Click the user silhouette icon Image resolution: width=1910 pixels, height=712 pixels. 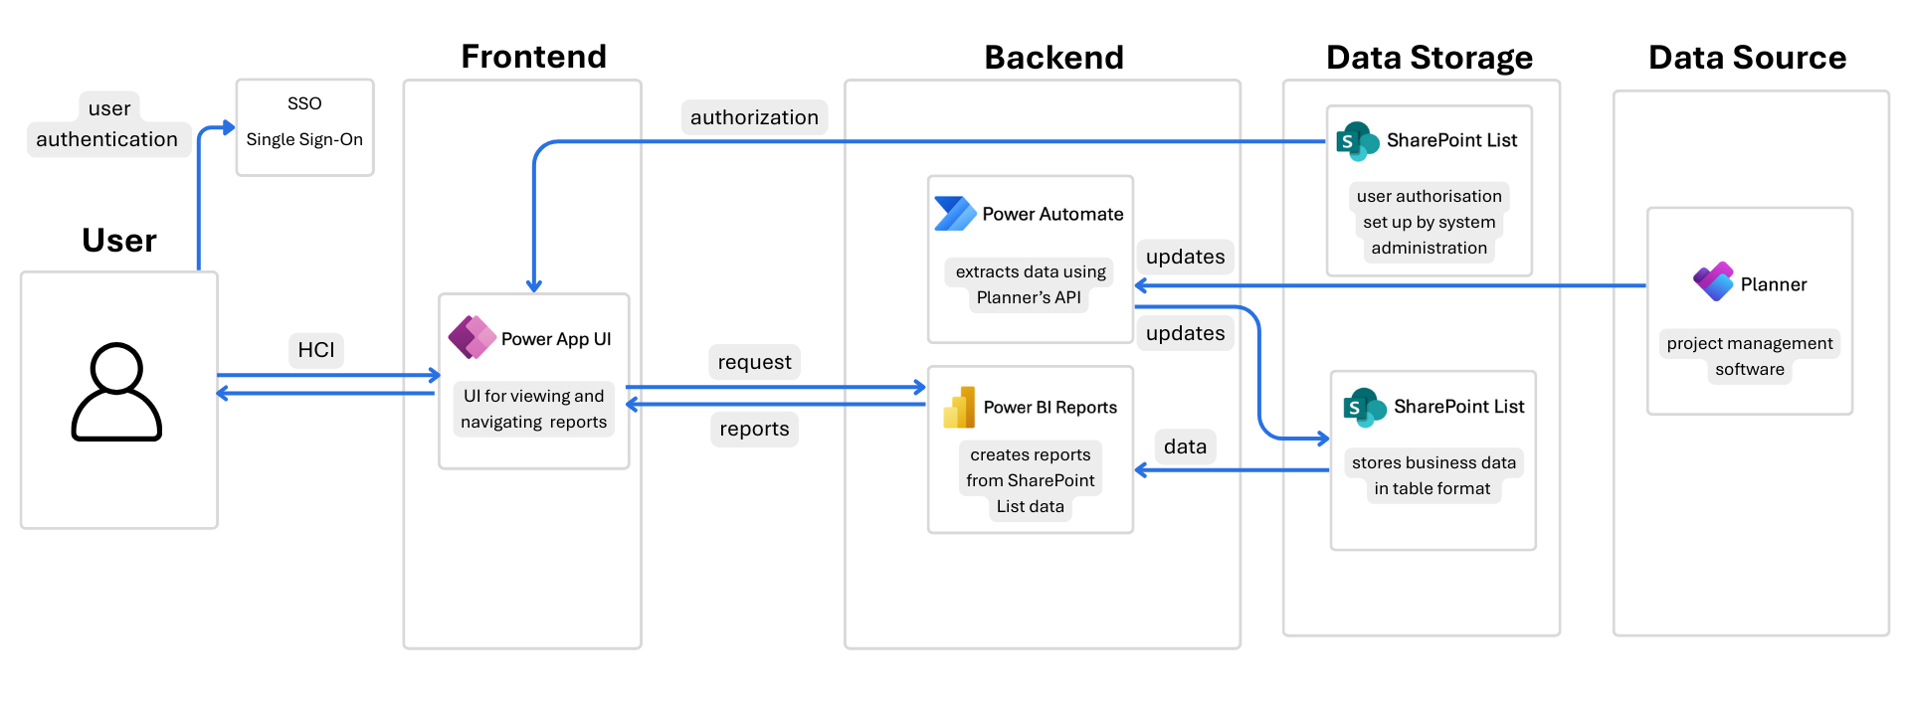coord(116,392)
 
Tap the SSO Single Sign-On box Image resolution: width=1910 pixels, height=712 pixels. coord(304,127)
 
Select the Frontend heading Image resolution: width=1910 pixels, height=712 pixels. coord(533,57)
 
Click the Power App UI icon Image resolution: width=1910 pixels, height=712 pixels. coord(472,338)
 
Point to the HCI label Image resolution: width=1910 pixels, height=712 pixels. coord(316,350)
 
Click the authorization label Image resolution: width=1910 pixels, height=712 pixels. coord(754,117)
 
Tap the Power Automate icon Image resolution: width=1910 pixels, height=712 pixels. coord(955,214)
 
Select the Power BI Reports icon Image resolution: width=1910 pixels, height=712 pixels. coord(959,408)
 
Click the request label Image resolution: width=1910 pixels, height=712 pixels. coord(754,362)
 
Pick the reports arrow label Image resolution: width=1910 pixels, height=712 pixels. coord(754,429)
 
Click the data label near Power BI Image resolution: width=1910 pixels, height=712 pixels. coord(1185,446)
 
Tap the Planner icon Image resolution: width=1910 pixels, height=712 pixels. coord(1713,282)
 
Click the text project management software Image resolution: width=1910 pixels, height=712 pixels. coord(1749,356)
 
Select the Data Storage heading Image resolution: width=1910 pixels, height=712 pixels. coord(1429,58)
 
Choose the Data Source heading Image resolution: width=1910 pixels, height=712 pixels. coord(1747,58)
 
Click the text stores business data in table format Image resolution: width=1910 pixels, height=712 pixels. coord(1432,475)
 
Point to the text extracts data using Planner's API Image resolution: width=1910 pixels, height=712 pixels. coord(1030,284)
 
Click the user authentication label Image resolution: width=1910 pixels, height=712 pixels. coord(107,125)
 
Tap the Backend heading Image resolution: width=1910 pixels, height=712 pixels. coord(1053,58)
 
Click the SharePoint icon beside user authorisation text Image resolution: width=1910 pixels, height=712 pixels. coord(1357,141)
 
